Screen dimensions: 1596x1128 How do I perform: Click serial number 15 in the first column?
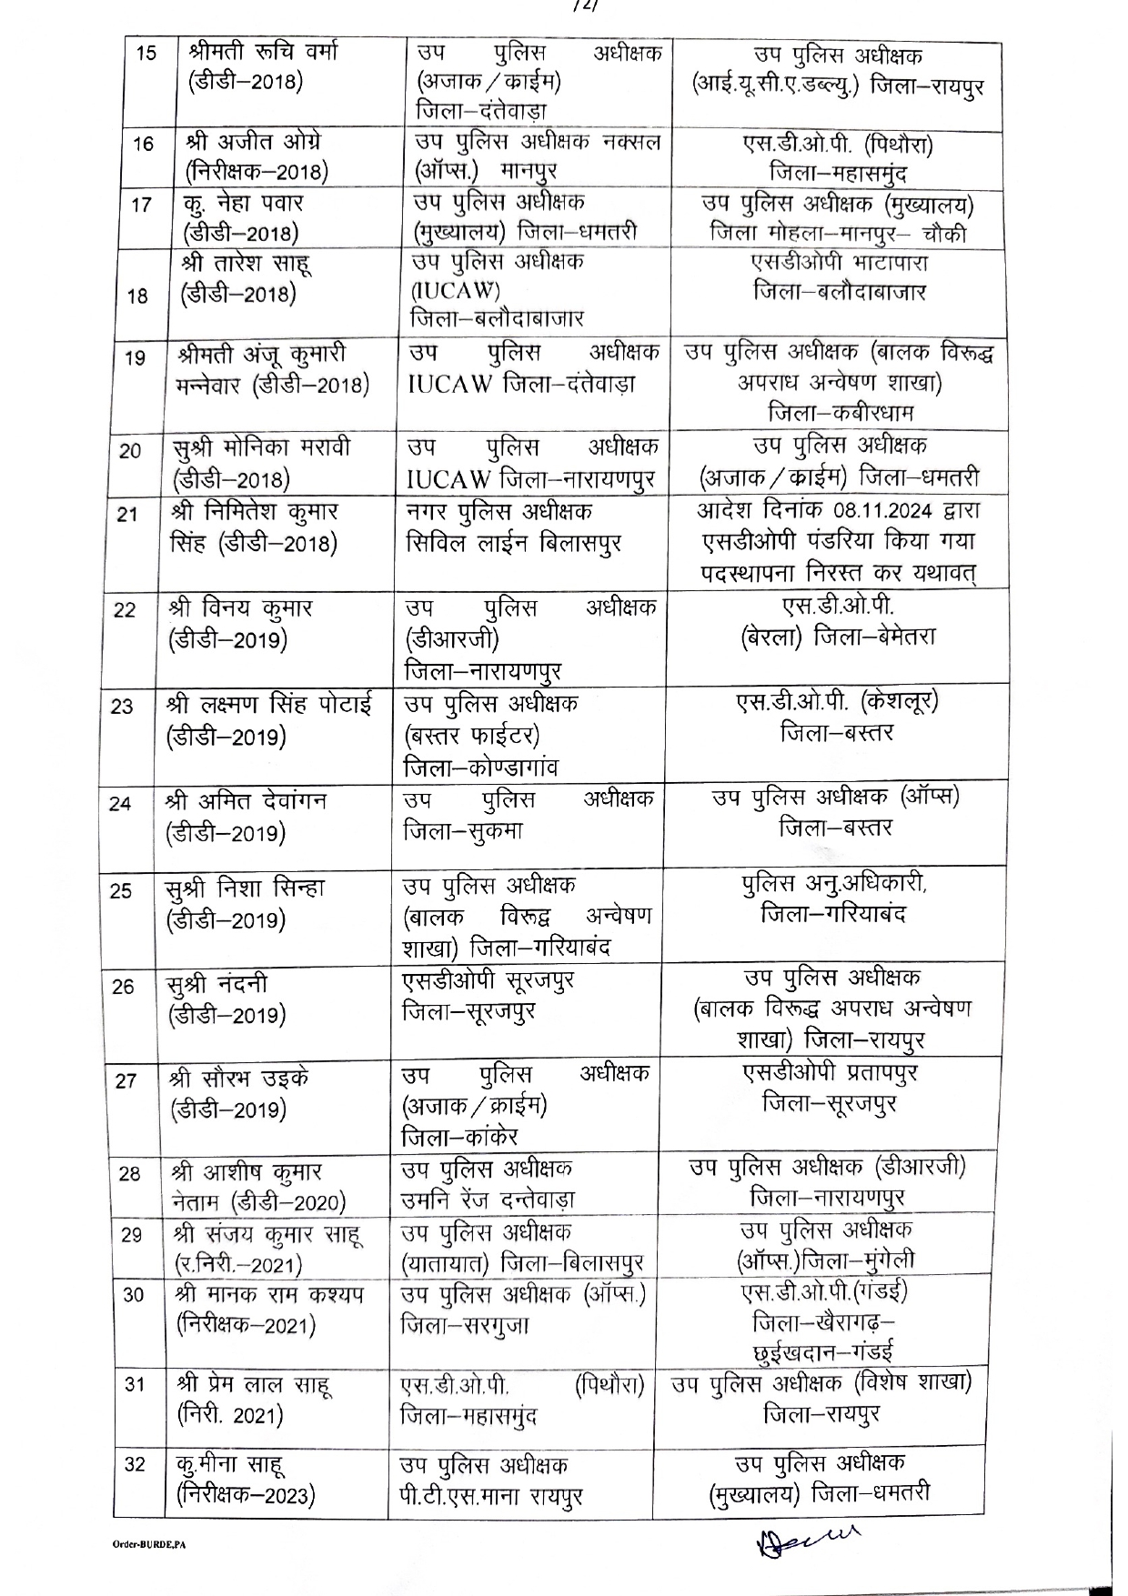pyautogui.click(x=146, y=53)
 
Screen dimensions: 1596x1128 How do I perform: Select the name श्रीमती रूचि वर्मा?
pyautogui.click(x=263, y=51)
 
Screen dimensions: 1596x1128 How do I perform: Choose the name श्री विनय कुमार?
pyautogui.click(x=240, y=607)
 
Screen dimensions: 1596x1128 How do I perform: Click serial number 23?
pyautogui.click(x=122, y=706)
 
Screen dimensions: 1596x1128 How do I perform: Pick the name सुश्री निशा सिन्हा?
pyautogui.click(x=245, y=888)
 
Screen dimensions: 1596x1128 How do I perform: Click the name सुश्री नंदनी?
pyautogui.click(x=217, y=985)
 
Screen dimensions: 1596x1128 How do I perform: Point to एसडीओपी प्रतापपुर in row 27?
pyautogui.click(x=830, y=1073)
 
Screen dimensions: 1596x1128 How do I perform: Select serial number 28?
pyautogui.click(x=129, y=1173)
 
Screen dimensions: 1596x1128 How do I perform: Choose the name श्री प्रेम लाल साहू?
pyautogui.click(x=254, y=1386)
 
